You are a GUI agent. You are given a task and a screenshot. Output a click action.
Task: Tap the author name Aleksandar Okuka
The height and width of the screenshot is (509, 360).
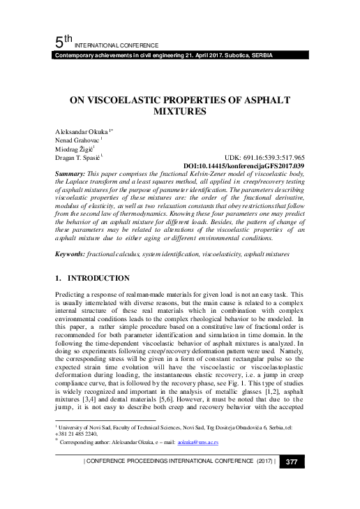click(x=77, y=131)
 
